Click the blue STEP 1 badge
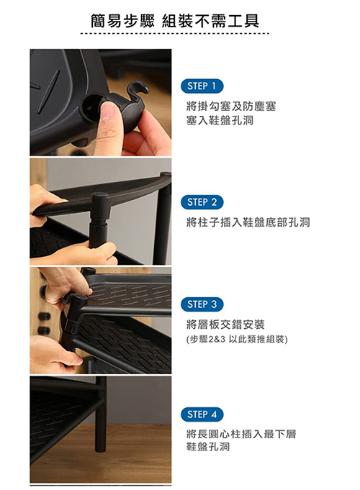pyautogui.click(x=202, y=86)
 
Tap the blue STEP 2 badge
pyautogui.click(x=202, y=202)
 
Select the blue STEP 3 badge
pyautogui.click(x=202, y=304)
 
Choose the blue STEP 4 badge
pyautogui.click(x=202, y=414)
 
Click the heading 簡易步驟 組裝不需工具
pyautogui.click(x=175, y=21)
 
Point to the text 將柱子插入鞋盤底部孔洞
pyautogui.click(x=248, y=222)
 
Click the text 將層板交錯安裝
pyautogui.click(x=225, y=325)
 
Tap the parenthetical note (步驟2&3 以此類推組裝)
pyautogui.click(x=237, y=339)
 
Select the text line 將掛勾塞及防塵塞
pyautogui.click(x=231, y=106)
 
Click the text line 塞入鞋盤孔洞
pyautogui.click(x=220, y=120)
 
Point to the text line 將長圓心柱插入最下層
pyautogui.click(x=241, y=434)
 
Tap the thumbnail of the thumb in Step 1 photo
pyautogui.click(x=109, y=110)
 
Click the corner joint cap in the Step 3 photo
pyautogui.click(x=77, y=299)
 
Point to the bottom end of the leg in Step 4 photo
pyautogui.click(x=101, y=450)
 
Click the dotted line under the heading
pyautogui.click(x=175, y=33)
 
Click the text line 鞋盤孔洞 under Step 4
pyautogui.click(x=208, y=447)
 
